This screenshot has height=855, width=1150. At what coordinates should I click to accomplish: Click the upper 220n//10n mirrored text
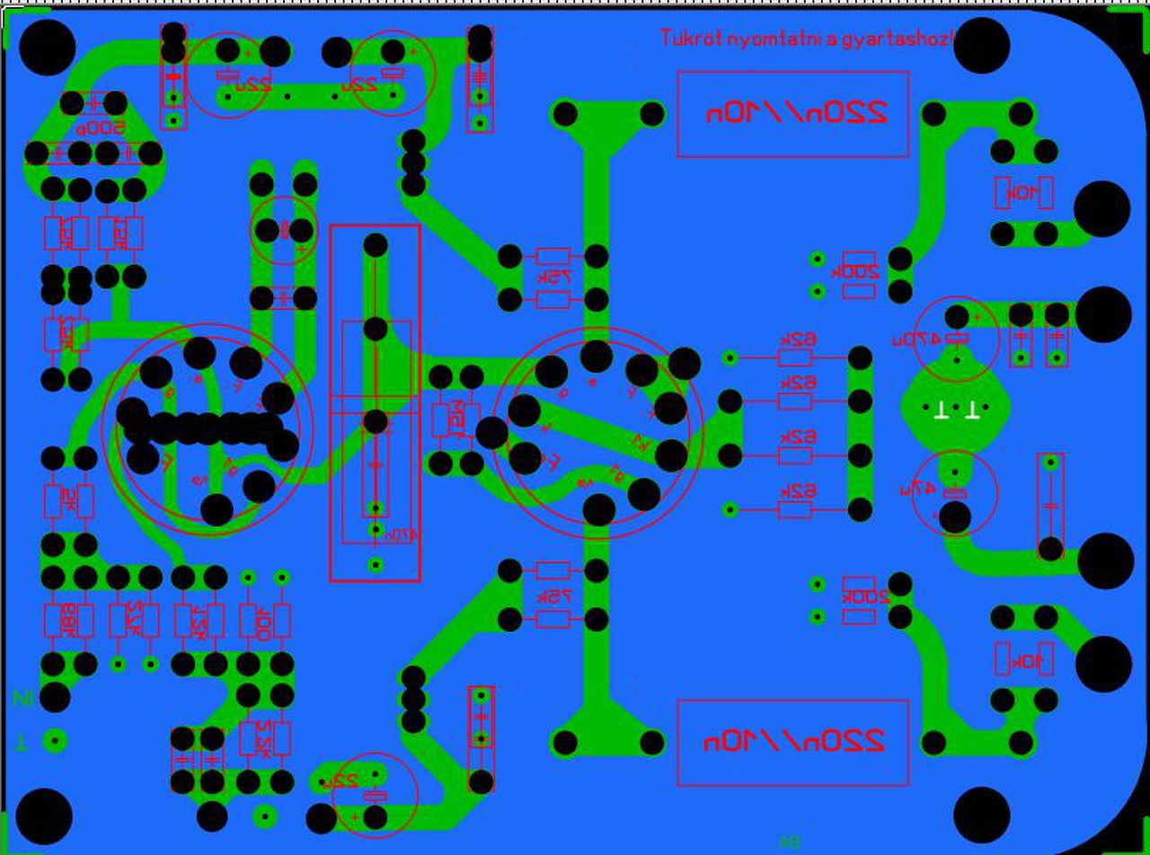[794, 113]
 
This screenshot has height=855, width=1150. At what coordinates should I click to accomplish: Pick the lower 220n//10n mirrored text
[794, 741]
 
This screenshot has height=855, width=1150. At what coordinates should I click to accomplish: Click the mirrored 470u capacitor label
[916, 339]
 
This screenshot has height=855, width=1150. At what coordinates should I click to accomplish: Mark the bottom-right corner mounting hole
[981, 815]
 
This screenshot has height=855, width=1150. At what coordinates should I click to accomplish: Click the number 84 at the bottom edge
[790, 842]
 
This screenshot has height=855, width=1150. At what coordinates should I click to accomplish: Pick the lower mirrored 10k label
[1024, 662]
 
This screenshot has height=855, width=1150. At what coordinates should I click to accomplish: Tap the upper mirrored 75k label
[554, 278]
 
